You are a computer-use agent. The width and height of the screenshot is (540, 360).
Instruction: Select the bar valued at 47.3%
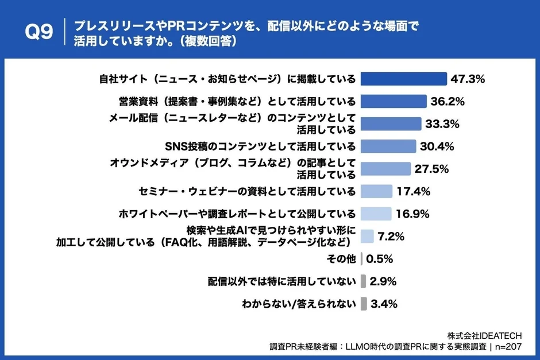(404, 79)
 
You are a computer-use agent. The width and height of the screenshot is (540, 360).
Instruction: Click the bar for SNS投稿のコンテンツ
(388, 146)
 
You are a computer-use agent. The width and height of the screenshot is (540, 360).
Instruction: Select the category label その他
(342, 259)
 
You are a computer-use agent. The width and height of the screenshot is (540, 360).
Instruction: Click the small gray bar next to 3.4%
(364, 304)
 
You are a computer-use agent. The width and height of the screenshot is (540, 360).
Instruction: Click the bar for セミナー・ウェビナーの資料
(377, 191)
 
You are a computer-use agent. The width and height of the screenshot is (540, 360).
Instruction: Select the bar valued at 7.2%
(368, 236)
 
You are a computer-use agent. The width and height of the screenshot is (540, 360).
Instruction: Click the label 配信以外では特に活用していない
(281, 281)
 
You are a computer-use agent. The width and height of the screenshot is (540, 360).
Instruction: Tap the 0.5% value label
(379, 259)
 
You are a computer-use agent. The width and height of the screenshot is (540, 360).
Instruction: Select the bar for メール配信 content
(391, 124)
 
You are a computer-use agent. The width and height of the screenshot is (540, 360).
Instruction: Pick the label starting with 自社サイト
(226, 79)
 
